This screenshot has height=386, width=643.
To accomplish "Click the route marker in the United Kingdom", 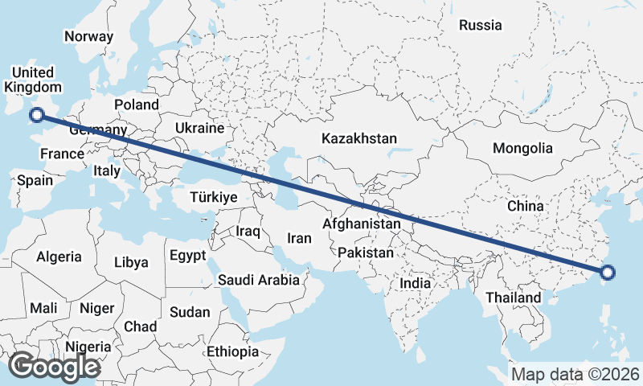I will click(36, 115).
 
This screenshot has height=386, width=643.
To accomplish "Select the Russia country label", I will click(481, 25).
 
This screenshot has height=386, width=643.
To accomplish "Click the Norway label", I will click(89, 36).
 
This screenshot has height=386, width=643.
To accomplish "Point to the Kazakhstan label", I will click(358, 139).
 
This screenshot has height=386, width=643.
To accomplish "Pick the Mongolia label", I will click(523, 148).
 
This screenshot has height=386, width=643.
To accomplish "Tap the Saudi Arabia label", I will click(259, 281).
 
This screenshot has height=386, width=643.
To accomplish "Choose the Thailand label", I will click(514, 298).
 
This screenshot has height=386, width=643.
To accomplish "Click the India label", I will click(416, 283).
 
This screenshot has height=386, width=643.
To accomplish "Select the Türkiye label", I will click(214, 198).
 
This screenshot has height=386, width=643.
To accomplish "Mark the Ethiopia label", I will click(233, 351).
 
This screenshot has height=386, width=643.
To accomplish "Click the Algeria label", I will click(58, 257).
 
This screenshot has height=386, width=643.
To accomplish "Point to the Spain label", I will click(35, 180).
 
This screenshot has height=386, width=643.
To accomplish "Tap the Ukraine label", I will click(199, 128).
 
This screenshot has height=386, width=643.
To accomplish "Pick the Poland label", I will click(137, 105).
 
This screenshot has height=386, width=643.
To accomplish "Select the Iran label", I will click(299, 238).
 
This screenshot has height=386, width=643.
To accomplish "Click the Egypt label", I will click(188, 255).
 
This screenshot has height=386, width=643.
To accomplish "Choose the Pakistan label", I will click(366, 253).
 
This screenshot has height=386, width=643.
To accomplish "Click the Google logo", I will click(55, 367).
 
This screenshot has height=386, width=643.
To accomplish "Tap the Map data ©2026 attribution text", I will click(575, 374).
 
